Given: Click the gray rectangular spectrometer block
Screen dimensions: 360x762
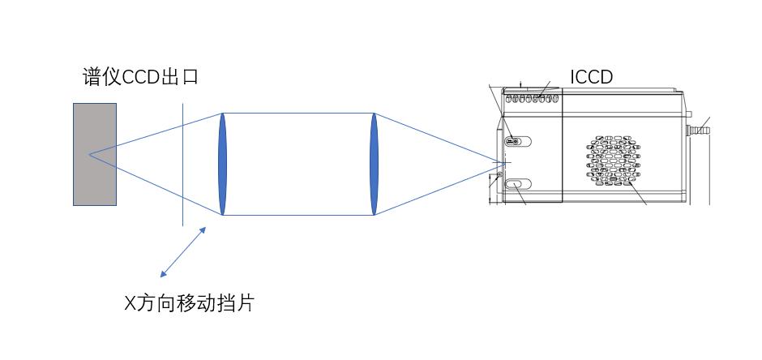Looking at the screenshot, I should click(95, 154).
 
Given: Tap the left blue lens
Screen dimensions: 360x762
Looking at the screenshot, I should click(222, 164).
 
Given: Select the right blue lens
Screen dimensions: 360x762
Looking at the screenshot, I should click(375, 164).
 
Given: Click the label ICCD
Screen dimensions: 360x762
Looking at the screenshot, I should click(591, 77).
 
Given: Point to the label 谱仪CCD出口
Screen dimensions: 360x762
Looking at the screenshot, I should click(140, 78).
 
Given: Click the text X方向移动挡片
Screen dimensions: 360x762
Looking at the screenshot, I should click(188, 303).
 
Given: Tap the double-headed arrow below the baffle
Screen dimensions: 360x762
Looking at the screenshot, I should click(183, 251).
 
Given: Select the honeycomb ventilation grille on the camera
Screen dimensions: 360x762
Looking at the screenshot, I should click(613, 161).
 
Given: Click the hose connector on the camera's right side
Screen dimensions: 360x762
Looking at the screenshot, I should click(696, 129).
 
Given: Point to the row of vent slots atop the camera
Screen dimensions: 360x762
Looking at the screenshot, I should click(532, 98).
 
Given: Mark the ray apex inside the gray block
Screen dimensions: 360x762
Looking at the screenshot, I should click(90, 154).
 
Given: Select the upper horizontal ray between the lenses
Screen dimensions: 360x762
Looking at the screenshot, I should click(298, 114).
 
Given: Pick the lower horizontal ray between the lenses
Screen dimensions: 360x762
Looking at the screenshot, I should click(298, 215).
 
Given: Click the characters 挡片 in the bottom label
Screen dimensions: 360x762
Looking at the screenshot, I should click(238, 303).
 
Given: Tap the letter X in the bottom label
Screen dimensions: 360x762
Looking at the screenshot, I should click(129, 304).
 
